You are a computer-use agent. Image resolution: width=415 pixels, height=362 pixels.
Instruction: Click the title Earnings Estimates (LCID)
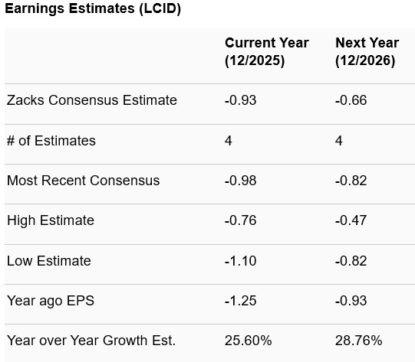click(93, 10)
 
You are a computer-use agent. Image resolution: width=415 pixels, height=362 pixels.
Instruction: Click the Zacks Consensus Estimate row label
click(92, 100)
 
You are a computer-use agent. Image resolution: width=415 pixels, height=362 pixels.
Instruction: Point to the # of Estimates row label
click(51, 141)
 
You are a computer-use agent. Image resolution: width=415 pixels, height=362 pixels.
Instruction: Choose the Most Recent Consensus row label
click(84, 181)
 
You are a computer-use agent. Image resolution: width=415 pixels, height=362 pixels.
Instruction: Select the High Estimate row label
click(51, 220)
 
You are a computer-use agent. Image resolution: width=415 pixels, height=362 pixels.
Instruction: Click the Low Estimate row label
click(49, 261)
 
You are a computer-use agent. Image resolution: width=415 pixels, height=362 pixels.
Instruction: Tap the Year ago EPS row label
click(51, 301)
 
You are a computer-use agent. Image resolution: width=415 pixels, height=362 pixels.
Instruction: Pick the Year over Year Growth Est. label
click(91, 341)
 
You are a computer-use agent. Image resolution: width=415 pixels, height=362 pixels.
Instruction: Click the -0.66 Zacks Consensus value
click(351, 100)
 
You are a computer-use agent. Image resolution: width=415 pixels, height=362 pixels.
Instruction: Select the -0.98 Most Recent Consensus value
click(240, 181)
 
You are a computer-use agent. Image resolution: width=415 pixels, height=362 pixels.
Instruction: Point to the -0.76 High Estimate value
click(240, 220)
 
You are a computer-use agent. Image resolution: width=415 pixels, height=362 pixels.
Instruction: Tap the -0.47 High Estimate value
click(351, 220)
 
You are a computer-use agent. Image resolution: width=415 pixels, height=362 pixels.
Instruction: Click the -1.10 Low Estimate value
click(240, 261)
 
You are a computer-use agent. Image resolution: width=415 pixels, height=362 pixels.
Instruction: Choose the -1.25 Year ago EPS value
click(240, 301)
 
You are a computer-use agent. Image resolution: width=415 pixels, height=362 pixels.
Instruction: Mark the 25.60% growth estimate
click(248, 341)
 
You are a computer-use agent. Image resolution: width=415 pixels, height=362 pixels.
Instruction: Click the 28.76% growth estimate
click(359, 341)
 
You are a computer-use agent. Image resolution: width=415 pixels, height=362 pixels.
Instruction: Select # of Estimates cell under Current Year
click(229, 141)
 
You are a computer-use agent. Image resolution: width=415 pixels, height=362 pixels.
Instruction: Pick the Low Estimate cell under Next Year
click(351, 261)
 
